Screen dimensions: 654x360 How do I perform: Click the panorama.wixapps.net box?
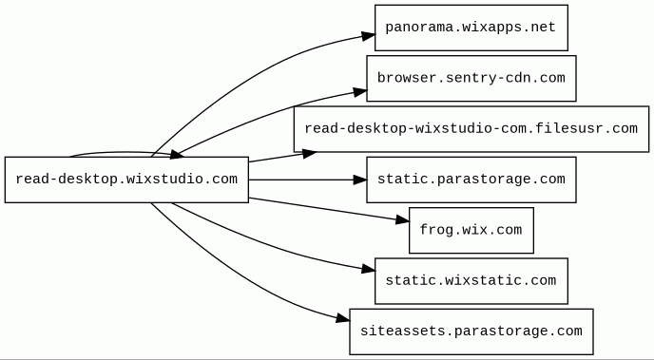[x=471, y=28]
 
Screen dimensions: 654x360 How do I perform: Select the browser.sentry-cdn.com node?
[x=471, y=78]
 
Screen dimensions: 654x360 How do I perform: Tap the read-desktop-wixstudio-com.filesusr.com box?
[x=471, y=129]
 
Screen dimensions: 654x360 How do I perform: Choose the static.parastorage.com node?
[x=471, y=180]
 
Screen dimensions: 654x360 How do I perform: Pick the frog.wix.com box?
[x=471, y=231]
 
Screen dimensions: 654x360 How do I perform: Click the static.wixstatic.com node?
[x=471, y=281]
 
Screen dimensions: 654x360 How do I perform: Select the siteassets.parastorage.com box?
[x=471, y=332]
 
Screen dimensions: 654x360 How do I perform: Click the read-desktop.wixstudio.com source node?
[x=126, y=180]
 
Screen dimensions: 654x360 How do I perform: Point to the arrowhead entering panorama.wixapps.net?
[x=368, y=36]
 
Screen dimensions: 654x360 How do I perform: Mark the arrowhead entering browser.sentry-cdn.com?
[x=360, y=92]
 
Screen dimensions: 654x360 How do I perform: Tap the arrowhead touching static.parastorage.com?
[x=360, y=180]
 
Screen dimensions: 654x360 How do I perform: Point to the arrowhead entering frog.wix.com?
[x=402, y=219]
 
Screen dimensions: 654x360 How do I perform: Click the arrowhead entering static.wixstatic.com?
[x=368, y=269]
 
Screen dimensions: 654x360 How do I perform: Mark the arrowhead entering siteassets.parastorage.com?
[x=342, y=319]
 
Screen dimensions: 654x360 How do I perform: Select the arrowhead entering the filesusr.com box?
[x=310, y=153]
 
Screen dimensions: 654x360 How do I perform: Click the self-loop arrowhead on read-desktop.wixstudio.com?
[x=177, y=155]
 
